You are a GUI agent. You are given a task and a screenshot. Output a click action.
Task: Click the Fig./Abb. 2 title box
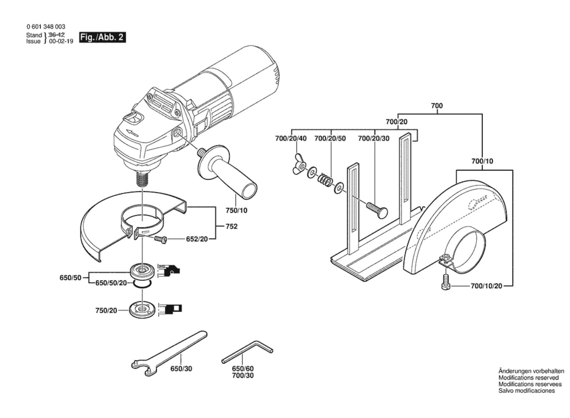click(102, 37)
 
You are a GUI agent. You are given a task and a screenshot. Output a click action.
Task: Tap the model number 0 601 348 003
click(46, 27)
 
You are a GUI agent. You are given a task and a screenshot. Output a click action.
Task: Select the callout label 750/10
click(236, 211)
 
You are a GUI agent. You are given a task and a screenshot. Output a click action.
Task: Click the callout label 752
click(231, 226)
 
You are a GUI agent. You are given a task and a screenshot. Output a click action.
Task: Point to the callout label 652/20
click(197, 239)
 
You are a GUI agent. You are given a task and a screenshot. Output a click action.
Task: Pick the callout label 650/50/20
click(111, 283)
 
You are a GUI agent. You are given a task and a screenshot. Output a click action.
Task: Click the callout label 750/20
click(106, 310)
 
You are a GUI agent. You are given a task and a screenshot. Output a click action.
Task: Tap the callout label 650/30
click(181, 369)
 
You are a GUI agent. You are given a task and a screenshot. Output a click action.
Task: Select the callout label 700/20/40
click(291, 139)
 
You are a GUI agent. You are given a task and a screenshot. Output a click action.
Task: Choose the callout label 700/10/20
click(486, 286)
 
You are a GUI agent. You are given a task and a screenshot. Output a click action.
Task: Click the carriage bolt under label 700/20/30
click(377, 210)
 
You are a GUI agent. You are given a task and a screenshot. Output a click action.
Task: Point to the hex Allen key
click(247, 351)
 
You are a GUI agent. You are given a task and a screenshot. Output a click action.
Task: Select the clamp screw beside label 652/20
click(160, 240)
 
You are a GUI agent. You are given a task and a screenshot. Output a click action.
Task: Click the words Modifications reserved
click(529, 378)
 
